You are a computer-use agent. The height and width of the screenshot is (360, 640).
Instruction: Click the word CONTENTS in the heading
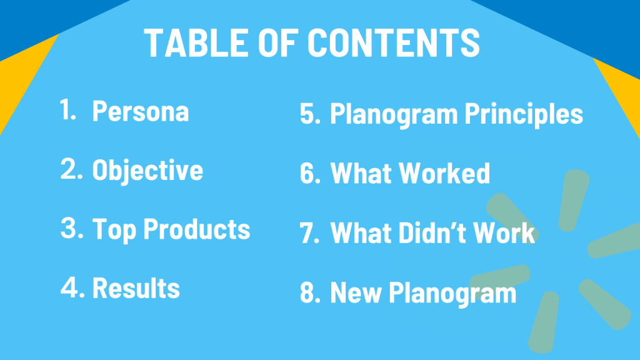[394, 42]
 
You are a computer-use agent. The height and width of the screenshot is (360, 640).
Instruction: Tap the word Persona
[141, 111]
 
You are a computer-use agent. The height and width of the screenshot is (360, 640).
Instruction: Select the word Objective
[147, 170]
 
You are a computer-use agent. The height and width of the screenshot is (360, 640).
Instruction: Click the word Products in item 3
[197, 229]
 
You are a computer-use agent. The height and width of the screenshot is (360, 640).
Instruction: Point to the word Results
[136, 287]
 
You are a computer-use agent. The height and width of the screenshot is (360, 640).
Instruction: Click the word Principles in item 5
[524, 114]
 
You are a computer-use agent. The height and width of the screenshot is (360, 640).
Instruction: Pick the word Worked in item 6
[444, 173]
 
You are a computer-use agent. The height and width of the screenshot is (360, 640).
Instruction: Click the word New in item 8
[356, 292]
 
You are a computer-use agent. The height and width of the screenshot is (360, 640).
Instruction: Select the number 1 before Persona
[67, 109]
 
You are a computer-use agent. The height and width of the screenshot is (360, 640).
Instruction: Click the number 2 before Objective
[71, 169]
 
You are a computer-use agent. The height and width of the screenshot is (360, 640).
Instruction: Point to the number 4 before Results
[72, 287]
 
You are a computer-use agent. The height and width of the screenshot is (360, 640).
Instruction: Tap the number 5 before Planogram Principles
[310, 113]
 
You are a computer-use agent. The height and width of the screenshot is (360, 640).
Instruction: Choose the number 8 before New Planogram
[310, 292]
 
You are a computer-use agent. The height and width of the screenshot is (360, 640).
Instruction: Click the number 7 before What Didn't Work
[310, 232]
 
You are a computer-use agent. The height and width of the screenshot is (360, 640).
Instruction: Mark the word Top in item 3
[114, 229]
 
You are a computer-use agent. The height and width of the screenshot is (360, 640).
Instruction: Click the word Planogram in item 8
[452, 293]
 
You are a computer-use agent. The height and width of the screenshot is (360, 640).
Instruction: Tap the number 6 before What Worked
[310, 173]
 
